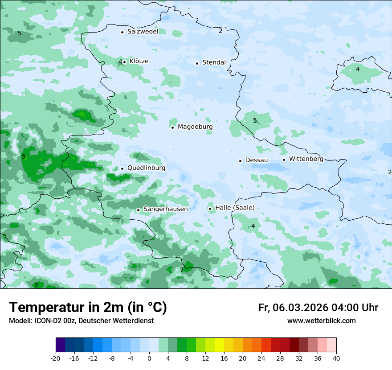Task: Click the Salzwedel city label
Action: (143, 32)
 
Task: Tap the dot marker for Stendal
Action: (197, 63)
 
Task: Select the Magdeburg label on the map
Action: (195, 127)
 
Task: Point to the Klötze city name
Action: (139, 62)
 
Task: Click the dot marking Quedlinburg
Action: (122, 169)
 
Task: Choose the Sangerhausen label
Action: (165, 209)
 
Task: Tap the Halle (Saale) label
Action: (235, 208)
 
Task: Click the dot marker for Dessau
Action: (240, 160)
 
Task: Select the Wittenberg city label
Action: (306, 159)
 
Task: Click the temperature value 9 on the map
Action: (24, 156)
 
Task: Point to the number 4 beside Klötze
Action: (120, 62)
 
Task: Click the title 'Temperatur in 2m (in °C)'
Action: (88, 308)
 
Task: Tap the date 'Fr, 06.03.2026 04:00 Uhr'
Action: (318, 308)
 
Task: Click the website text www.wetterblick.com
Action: (321, 321)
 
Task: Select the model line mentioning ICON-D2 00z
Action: (81, 321)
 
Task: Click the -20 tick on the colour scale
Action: (56, 358)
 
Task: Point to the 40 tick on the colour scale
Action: (336, 358)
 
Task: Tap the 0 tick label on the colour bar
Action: (149, 358)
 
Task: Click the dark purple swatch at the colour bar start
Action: (61, 345)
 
